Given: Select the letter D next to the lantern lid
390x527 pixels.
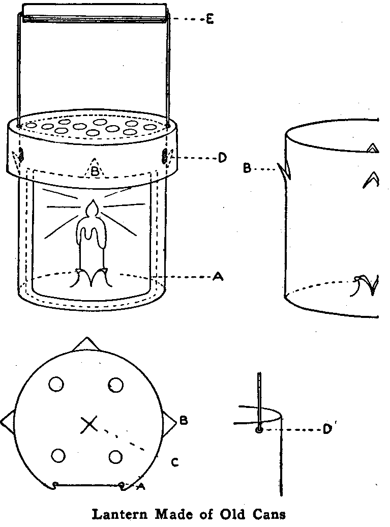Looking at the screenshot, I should [x=222, y=159].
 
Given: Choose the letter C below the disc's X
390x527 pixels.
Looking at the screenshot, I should [x=174, y=462].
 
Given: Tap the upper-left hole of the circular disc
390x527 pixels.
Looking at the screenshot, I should [x=56, y=384].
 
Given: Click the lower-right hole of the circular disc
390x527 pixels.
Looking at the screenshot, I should [x=116, y=456].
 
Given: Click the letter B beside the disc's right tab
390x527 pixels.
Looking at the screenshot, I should [x=184, y=421].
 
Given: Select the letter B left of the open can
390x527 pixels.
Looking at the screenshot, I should [x=247, y=168].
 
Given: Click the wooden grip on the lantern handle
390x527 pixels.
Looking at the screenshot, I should [x=95, y=12].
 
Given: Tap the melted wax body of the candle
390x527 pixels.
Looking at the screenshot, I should [x=91, y=244].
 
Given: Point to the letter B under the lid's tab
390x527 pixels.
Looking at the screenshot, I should [x=94, y=171].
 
